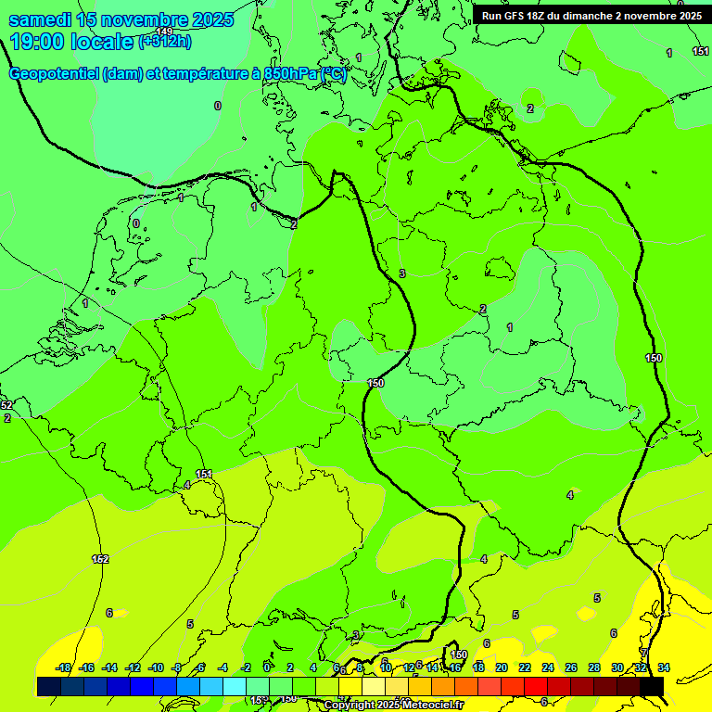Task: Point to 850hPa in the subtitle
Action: pyautogui.click(x=289, y=74)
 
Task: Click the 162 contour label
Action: pyautogui.click(x=100, y=559)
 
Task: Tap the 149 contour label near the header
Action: pyautogui.click(x=164, y=32)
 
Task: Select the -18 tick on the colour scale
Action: pyautogui.click(x=63, y=667)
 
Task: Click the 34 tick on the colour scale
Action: pyautogui.click(x=664, y=667)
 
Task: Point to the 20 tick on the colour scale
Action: pyautogui.click(x=502, y=667)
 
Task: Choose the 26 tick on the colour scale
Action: pyautogui.click(x=571, y=667)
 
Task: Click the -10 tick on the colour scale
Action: pyautogui.click(x=156, y=667)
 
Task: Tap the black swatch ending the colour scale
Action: pyautogui.click(x=652, y=686)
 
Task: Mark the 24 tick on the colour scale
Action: pyautogui.click(x=548, y=667)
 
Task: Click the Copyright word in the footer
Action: pyautogui.click(x=347, y=706)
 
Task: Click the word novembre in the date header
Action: pyautogui.click(x=147, y=19)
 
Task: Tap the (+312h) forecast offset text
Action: pyautogui.click(x=165, y=41)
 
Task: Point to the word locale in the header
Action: pyautogui.click(x=102, y=41)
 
